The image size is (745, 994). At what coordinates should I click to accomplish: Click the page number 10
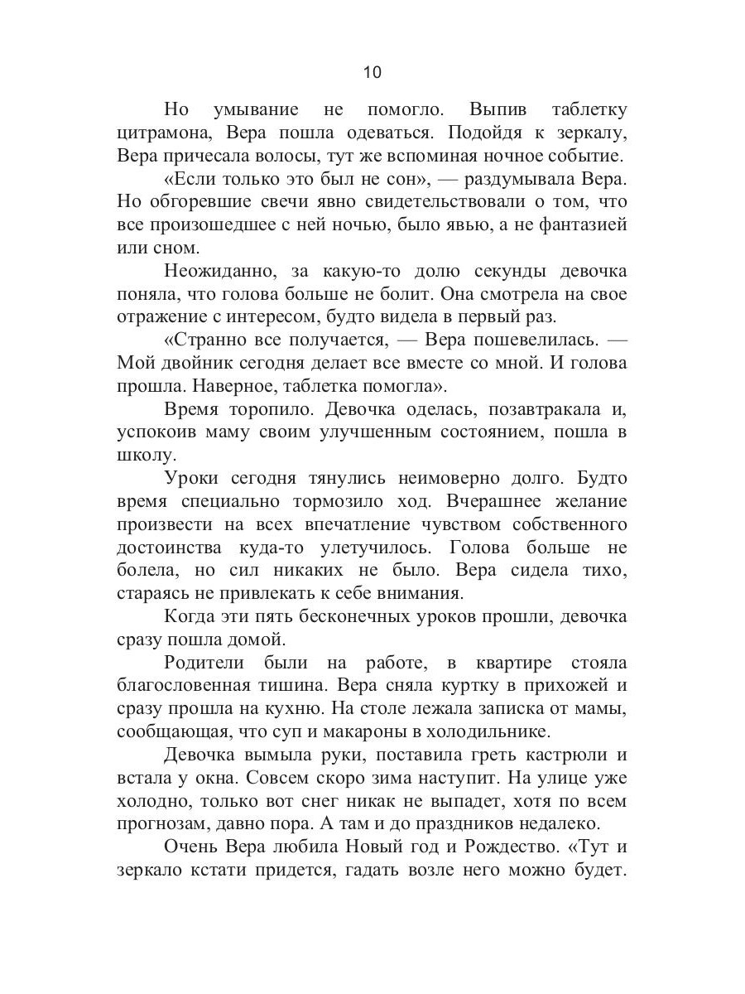click(x=372, y=72)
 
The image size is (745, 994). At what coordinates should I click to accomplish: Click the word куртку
click(x=490, y=687)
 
